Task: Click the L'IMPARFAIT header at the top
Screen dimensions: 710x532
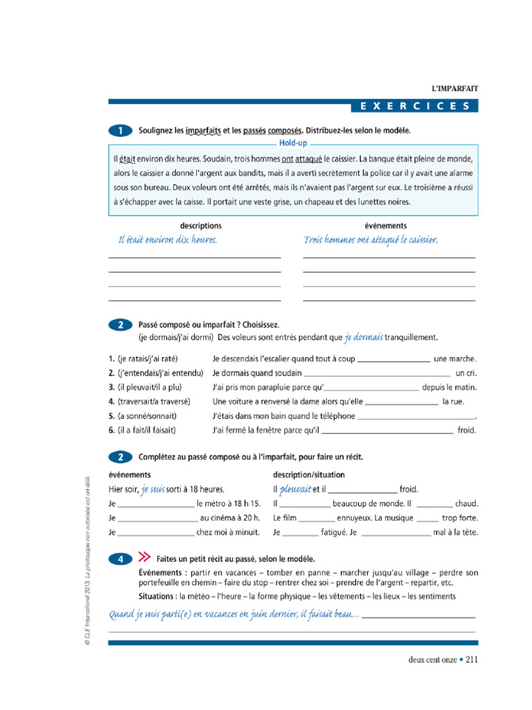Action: tap(454, 89)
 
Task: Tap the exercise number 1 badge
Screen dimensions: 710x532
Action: tap(120, 130)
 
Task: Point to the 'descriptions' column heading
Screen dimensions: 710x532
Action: tap(201, 225)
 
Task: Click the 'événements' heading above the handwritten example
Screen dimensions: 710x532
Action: tap(386, 225)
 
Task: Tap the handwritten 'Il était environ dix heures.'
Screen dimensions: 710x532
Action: tap(168, 240)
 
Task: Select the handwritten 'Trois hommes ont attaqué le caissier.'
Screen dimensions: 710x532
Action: tap(371, 240)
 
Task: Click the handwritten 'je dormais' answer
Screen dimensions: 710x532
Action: tap(364, 338)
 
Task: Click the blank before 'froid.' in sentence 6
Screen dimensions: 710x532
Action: tap(388, 431)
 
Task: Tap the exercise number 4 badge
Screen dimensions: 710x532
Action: tap(120, 558)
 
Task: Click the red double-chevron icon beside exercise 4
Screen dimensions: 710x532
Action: tap(144, 557)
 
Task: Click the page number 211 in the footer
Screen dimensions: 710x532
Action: tap(472, 659)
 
